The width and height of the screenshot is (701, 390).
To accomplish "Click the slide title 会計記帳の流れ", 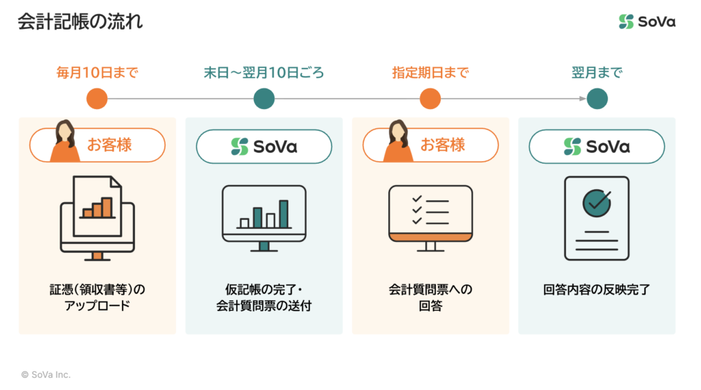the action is pos(81,21).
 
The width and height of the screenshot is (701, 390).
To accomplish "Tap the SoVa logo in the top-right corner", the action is pos(647,21).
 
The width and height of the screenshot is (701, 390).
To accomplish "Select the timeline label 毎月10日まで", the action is pos(97,73).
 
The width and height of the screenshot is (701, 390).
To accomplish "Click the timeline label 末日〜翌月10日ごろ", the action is pos(264,73).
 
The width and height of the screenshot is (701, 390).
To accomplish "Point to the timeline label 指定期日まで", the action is pos(431,73).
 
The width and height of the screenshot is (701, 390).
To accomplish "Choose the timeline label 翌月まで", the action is pos(597,73).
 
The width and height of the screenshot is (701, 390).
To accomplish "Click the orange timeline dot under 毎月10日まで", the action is pos(97,99).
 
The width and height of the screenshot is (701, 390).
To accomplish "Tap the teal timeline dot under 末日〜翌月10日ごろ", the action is pos(264,99).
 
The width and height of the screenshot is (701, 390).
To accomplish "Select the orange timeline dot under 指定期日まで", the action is pos(430,99).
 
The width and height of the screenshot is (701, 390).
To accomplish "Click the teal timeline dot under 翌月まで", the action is pos(597,99).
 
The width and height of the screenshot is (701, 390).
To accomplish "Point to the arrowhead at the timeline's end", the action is pos(583,99).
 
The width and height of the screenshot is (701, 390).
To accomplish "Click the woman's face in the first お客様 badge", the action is pos(65,132).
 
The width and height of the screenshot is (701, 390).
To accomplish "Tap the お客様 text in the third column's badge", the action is pos(443,145).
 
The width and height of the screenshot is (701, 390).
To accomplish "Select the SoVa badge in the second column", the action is pos(264,147).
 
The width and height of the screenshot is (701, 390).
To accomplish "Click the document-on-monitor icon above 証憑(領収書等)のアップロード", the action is pos(97,218).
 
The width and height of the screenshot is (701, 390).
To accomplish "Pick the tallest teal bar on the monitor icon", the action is pos(283,214).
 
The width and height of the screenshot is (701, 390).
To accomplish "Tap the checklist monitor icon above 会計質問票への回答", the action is pos(431,219).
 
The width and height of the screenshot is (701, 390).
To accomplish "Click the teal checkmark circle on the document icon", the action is pos(597,204).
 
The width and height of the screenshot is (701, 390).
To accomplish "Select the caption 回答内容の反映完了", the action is pos(597,290).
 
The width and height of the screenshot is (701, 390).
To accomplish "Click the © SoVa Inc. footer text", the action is pos(46,375).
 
